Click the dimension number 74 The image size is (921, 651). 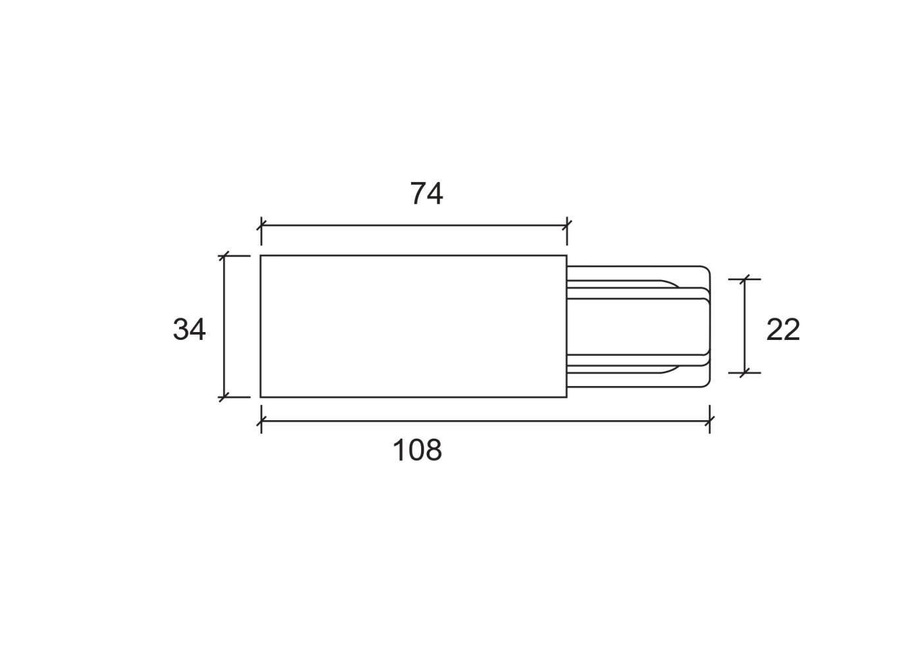point(426,193)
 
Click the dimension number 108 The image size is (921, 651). point(417,450)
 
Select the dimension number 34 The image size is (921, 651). point(189,329)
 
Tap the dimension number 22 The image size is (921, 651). point(783,329)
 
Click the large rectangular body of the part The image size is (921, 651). point(414,326)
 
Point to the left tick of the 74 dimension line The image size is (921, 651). point(262,225)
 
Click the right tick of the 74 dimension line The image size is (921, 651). point(567,225)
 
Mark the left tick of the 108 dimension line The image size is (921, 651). point(262,421)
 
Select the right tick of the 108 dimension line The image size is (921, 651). point(710,421)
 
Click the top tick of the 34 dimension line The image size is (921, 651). point(224,256)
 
